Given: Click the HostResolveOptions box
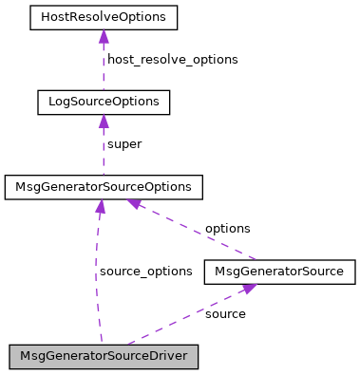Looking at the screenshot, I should [103, 17].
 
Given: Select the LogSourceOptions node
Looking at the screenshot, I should [103, 102].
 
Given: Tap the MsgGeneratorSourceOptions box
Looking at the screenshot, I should [104, 187].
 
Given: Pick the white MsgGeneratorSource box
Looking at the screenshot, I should [279, 272].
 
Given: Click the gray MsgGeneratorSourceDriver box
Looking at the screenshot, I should [104, 357].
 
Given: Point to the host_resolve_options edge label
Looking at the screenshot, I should [172, 59].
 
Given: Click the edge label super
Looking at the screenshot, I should [124, 144].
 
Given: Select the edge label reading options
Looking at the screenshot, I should [227, 229].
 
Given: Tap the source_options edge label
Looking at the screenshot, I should [145, 272].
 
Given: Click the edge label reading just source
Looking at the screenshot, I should [225, 313].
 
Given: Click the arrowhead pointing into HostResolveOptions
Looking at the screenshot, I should [103, 36].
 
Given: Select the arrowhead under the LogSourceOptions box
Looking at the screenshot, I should [103, 122].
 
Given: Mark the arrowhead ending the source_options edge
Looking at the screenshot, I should [100, 206].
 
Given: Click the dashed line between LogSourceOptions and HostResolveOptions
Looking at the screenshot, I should [103, 66].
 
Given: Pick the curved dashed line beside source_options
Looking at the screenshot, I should [96, 275].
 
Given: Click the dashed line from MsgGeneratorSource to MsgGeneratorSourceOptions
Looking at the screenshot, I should [199, 232].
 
